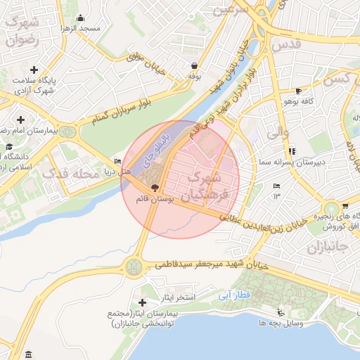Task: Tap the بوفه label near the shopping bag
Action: pyautogui.click(x=195, y=75)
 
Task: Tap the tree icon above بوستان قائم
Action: pyautogui.click(x=155, y=188)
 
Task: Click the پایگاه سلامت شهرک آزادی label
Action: pyautogui.click(x=32, y=85)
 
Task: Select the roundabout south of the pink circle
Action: pyautogui.click(x=133, y=266)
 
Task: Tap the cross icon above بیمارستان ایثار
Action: pyautogui.click(x=145, y=301)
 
